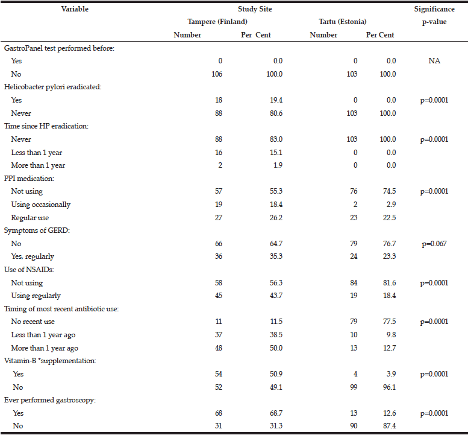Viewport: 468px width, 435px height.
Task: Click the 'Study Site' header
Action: click(x=255, y=9)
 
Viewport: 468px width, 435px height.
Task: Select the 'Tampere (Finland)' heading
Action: click(x=217, y=22)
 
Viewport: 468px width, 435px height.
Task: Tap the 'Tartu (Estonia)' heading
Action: click(x=342, y=22)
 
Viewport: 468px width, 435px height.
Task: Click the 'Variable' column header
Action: click(x=75, y=9)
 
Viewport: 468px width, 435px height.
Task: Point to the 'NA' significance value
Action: click(x=434, y=61)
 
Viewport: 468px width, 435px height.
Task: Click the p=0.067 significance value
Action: click(x=434, y=244)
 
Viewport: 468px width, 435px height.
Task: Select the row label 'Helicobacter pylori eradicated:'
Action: click(x=53, y=87)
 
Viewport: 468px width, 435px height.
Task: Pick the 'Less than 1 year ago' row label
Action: click(x=43, y=335)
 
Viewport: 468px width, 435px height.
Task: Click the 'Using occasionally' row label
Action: click(x=41, y=205)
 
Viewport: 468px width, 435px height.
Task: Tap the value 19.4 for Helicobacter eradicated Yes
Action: click(x=276, y=100)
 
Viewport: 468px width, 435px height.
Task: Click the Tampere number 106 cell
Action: click(x=217, y=74)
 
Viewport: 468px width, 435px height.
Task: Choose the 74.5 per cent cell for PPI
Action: click(x=390, y=191)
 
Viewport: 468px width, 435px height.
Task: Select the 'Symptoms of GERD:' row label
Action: click(x=37, y=230)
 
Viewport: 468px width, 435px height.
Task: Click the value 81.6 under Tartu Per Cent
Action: click(x=390, y=283)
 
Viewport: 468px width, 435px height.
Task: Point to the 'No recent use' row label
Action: click(x=33, y=322)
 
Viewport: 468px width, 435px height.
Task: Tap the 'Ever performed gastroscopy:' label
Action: click(x=50, y=401)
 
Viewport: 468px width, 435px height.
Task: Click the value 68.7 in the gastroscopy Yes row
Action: click(x=276, y=413)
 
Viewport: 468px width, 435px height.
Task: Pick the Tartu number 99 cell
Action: click(x=354, y=387)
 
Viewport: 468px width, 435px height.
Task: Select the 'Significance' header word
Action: click(x=434, y=9)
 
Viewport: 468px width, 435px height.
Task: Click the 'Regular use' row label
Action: click(x=30, y=218)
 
